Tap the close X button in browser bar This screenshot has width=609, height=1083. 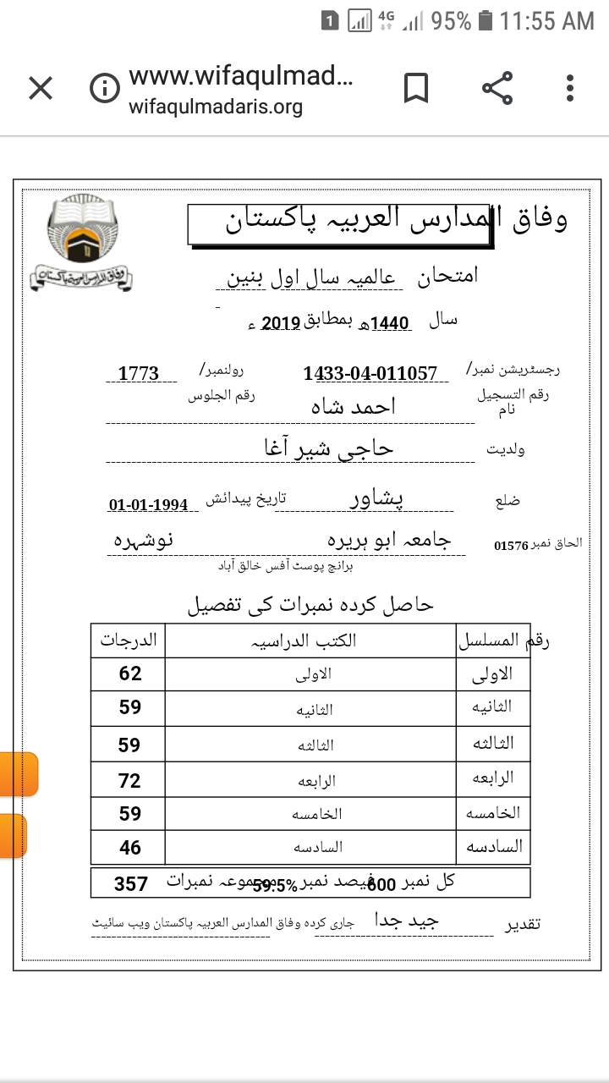41,88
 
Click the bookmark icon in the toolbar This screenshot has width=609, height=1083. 415,88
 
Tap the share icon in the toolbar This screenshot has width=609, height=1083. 497,88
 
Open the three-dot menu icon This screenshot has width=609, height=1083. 570,88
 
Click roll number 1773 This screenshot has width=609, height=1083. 138,373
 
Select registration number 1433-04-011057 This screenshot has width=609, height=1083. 370,373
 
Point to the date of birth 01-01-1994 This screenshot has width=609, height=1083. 148,505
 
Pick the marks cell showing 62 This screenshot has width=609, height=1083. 129,674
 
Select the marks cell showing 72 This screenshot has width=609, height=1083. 129,781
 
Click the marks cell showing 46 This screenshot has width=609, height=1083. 129,848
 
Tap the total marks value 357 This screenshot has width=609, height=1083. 131,884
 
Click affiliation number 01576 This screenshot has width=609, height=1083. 511,546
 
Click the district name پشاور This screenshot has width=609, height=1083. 377,499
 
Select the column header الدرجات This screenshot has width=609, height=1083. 129,640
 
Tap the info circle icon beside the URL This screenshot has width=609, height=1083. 105,89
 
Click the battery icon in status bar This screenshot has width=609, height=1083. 486,21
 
